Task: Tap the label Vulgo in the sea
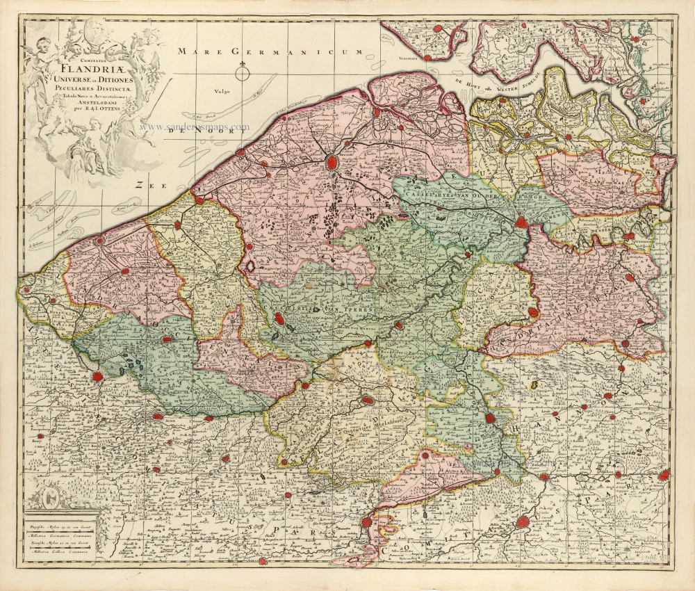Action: (x=223, y=90)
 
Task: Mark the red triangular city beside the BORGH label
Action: (x=523, y=222)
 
